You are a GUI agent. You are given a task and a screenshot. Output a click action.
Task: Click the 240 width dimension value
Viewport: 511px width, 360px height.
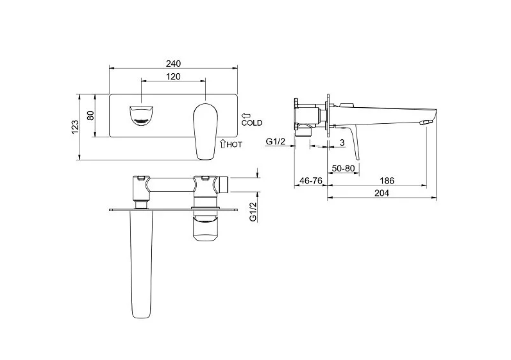tap(173, 64)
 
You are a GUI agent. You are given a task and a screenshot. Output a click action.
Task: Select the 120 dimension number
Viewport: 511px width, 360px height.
tap(173, 76)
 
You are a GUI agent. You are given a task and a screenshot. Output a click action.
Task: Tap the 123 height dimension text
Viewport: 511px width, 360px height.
tap(75, 127)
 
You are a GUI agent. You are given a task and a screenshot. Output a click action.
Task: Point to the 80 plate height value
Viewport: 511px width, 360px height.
tap(90, 116)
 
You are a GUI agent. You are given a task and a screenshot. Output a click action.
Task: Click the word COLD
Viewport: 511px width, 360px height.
tap(251, 123)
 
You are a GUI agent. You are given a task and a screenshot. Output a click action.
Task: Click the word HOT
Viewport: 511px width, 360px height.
tap(234, 144)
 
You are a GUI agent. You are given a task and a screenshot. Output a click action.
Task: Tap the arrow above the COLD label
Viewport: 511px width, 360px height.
tap(246, 116)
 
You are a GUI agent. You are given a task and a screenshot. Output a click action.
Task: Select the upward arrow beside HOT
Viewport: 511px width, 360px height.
tap(223, 144)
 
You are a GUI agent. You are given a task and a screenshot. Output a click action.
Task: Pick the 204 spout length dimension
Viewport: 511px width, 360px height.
tap(381, 193)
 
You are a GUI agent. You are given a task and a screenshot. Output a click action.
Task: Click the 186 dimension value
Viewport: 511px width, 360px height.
tap(387, 180)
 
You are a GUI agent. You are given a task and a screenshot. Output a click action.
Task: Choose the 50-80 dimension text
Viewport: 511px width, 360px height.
tap(343, 169)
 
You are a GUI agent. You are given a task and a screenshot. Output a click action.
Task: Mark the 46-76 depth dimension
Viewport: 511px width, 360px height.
tap(310, 181)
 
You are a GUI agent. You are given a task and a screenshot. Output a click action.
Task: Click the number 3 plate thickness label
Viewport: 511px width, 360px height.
tap(342, 142)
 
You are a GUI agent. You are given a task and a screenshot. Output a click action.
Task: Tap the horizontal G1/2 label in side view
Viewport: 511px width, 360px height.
tap(276, 142)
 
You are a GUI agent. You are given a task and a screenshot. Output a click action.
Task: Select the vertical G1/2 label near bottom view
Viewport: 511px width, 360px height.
tap(253, 212)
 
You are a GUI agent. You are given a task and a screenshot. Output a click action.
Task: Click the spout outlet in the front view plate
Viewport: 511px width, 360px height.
tap(142, 115)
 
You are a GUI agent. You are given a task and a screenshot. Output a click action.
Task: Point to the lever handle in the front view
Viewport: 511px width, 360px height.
tap(205, 132)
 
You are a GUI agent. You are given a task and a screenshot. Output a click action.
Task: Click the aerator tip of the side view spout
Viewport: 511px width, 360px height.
tap(426, 123)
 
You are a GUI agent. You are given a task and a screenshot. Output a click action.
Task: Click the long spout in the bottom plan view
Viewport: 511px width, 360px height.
tap(141, 264)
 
